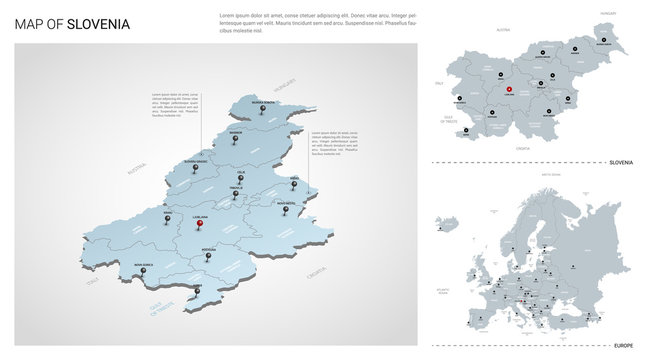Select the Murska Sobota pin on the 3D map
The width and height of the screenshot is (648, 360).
(x=263, y=109)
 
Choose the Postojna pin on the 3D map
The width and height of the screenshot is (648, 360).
(x=208, y=255)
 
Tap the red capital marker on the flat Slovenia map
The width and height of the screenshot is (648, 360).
(x=510, y=91)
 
